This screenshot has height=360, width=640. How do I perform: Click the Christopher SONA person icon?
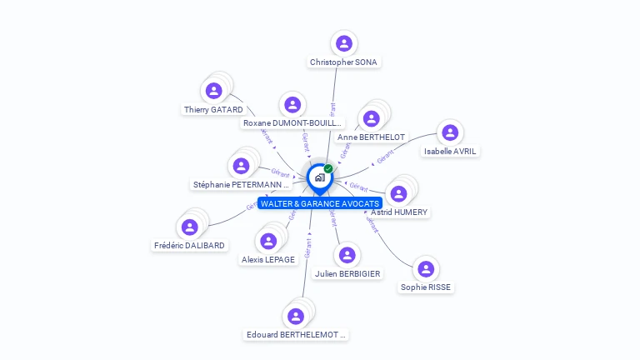tap(343, 43)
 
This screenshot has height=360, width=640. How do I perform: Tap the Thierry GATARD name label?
tap(213, 109)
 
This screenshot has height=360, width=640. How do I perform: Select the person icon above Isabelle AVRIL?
tap(450, 132)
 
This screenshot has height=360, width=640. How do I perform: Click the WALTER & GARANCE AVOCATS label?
tap(320, 203)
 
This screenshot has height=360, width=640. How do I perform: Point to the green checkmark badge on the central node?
tap(328, 169)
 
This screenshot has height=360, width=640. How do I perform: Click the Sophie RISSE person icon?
tap(426, 269)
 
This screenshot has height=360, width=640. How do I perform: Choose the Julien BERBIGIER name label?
tap(347, 273)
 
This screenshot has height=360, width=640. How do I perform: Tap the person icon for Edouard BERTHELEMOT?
tap(295, 317)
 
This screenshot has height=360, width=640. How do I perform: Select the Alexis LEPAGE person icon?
tap(268, 242)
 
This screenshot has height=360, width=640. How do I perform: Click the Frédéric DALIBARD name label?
tap(190, 245)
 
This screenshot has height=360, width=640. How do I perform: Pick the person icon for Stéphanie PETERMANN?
tap(241, 167)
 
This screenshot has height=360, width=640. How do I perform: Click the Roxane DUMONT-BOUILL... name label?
tap(292, 123)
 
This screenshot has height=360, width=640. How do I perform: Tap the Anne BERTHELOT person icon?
tap(372, 118)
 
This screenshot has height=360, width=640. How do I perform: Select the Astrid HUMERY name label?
tap(399, 212)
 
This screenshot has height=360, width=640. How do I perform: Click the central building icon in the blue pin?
tap(319, 177)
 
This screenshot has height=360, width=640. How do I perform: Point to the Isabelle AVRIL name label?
tap(451, 152)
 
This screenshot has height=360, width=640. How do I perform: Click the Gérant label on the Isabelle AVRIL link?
tap(385, 156)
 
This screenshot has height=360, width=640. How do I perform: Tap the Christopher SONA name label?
tap(343, 62)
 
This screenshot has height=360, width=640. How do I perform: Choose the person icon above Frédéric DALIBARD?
tap(190, 227)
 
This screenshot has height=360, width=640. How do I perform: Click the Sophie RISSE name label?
tap(427, 287)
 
